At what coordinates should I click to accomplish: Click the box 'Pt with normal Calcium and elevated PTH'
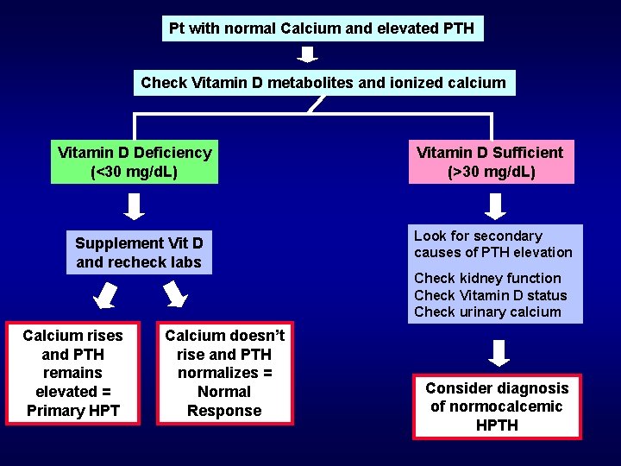322,28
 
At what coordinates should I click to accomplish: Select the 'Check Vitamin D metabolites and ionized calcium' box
323,83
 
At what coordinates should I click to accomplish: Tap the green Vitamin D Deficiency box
135,162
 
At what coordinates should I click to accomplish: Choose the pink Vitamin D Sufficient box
490,162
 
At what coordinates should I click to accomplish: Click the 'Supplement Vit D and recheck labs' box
139,253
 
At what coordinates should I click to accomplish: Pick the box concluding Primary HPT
72,373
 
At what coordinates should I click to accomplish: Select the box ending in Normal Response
224,373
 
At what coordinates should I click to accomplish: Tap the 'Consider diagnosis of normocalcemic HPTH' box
497,406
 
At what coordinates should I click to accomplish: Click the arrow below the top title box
309,55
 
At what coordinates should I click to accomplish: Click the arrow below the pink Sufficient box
496,205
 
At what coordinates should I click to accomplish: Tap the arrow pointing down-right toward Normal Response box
175,296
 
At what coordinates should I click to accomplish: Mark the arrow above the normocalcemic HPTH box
499,353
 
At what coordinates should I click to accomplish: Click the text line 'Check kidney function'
487,278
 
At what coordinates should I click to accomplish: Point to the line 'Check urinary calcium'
487,312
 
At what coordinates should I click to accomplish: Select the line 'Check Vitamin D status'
491,295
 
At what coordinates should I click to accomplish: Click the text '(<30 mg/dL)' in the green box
135,172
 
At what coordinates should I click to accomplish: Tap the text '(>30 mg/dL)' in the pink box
492,172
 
